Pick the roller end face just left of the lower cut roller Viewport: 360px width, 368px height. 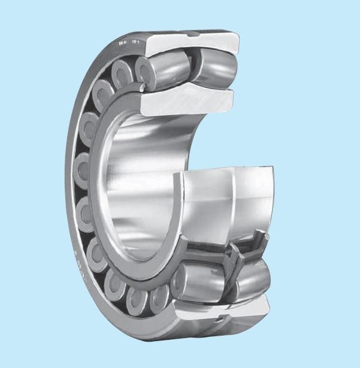pyautogui.click(x=159, y=296)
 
